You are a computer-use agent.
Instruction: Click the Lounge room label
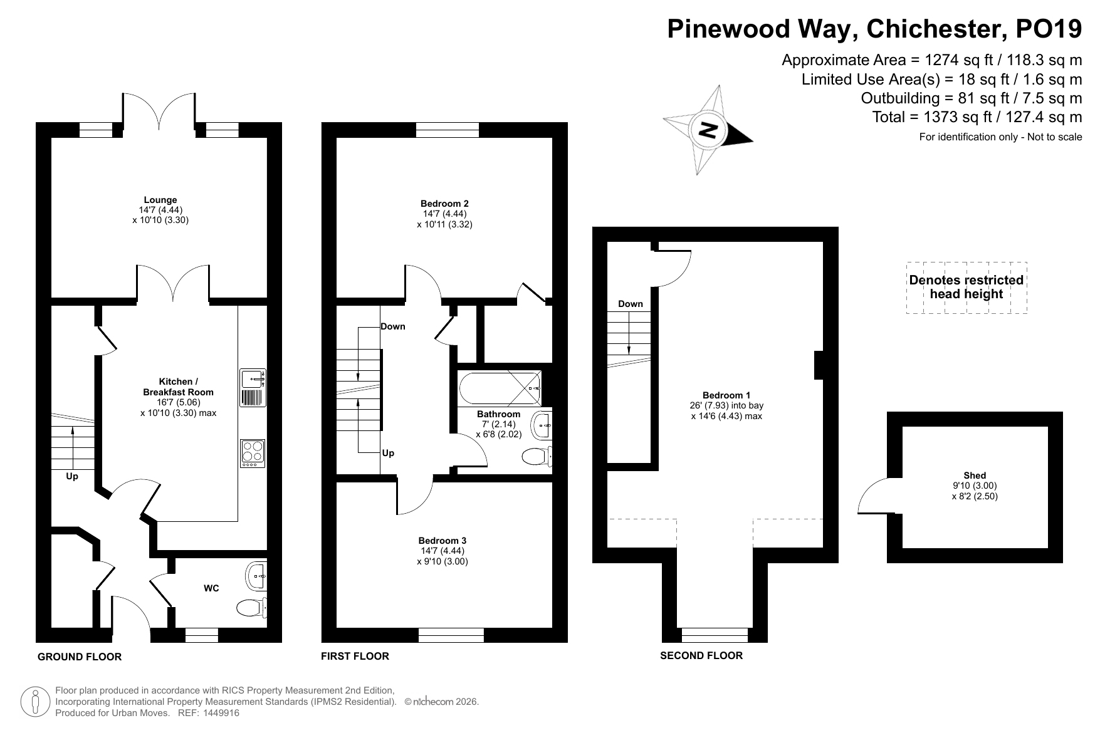[x=160, y=200]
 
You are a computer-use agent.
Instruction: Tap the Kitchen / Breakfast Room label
[x=178, y=387]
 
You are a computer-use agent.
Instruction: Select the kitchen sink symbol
[x=253, y=388]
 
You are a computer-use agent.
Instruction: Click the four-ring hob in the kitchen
[x=253, y=453]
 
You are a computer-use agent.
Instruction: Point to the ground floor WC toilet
[x=253, y=606]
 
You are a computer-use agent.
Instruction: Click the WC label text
[x=211, y=588]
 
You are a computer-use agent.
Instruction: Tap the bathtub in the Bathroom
[x=500, y=388]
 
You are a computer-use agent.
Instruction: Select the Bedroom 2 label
[x=444, y=204]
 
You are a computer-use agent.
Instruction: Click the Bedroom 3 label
[x=443, y=541]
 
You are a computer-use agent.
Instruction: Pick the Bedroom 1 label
[x=726, y=395]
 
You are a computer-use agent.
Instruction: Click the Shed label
[x=975, y=476]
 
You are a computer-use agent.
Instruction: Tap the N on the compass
[x=708, y=130]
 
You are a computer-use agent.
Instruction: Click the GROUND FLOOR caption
[x=80, y=657]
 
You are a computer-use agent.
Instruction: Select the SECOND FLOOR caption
[x=701, y=655]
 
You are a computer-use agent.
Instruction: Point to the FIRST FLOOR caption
[x=355, y=656]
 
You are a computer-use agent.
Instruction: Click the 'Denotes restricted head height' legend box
[x=966, y=288]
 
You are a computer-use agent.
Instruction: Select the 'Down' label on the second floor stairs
[x=631, y=304]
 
